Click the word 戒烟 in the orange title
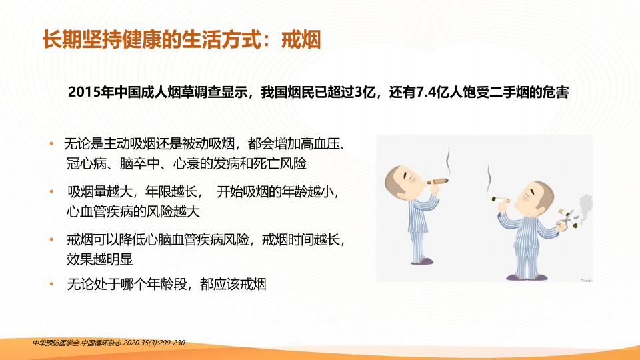point(301,40)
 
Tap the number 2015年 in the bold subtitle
point(91,92)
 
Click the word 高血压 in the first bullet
point(321,144)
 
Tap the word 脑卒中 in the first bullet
point(139,164)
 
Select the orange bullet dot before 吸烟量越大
point(51,191)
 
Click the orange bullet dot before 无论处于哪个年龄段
point(51,284)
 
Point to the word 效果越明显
point(99,259)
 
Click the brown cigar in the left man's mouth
point(437,181)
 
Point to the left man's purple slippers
point(422,261)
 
